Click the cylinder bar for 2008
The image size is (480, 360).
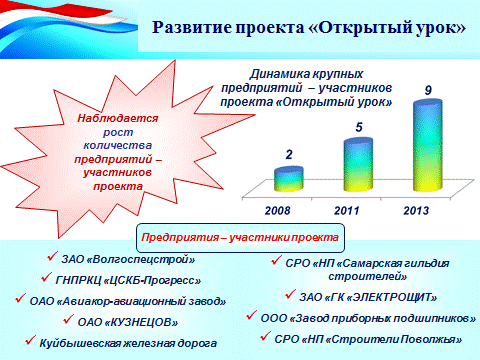(289, 179)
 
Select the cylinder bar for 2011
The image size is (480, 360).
(358, 165)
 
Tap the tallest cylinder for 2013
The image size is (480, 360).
(428, 145)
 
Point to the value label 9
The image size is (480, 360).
(428, 90)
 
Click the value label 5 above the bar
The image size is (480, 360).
(359, 127)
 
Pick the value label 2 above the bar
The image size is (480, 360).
(289, 154)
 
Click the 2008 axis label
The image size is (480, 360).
(277, 211)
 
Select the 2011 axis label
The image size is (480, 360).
(347, 211)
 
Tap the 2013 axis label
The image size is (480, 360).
(416, 211)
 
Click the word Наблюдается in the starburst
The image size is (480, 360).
(118, 118)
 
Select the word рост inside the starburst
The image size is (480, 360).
(118, 133)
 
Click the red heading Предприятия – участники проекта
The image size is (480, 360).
(240, 237)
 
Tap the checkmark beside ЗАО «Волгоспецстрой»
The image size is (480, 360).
(53, 256)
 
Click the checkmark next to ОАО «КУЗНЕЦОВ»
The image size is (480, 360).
(68, 319)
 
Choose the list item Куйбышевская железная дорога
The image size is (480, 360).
(128, 343)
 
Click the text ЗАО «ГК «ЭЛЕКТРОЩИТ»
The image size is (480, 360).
(368, 297)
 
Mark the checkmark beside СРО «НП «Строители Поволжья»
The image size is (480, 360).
(266, 336)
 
